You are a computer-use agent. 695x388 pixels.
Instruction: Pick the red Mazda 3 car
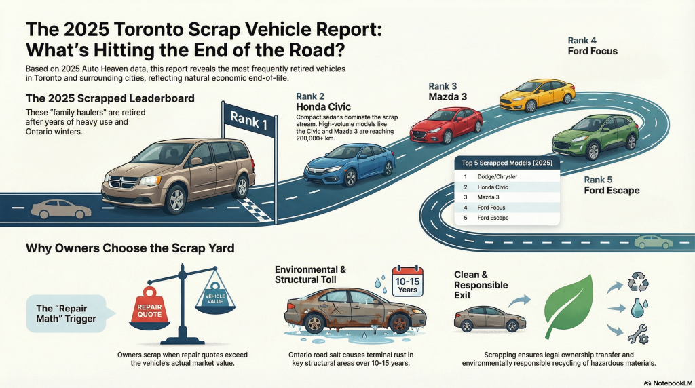pyautogui.click(x=446, y=124)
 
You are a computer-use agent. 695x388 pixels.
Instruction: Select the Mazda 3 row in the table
pyautogui.click(x=507, y=197)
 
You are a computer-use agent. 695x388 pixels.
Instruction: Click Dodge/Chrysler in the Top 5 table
pyautogui.click(x=507, y=176)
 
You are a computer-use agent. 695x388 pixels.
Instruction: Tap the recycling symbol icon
pyautogui.click(x=638, y=282)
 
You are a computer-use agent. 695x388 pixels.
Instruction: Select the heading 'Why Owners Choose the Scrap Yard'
pyautogui.click(x=130, y=248)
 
